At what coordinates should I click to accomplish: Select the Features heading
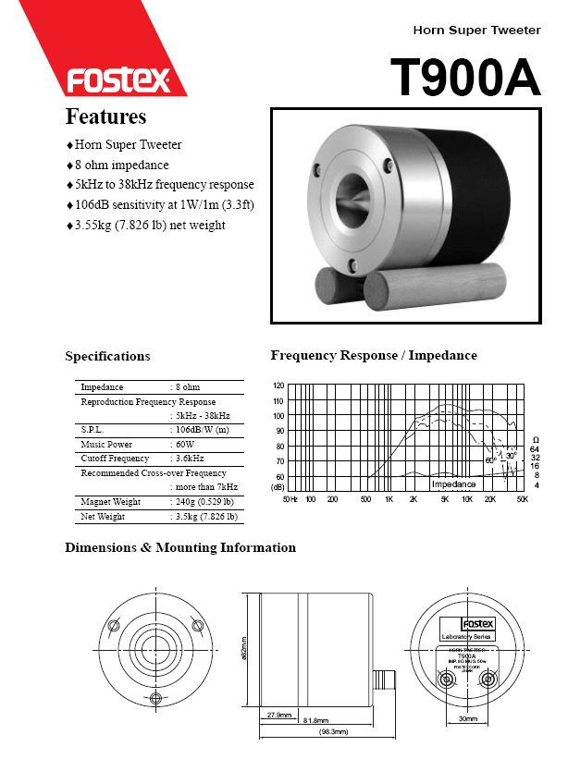[x=105, y=117]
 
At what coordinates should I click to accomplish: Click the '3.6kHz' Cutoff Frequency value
[x=190, y=459]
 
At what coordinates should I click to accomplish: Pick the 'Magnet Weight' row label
[x=110, y=502]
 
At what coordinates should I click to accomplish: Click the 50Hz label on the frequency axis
[x=290, y=499]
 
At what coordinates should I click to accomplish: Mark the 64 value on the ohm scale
[x=535, y=448]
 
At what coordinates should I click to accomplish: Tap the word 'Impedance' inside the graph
[x=453, y=484]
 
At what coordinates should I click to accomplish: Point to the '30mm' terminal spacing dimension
[x=468, y=718]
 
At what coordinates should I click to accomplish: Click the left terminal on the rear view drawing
[x=449, y=680]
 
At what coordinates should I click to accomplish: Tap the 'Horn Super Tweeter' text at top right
[x=476, y=31]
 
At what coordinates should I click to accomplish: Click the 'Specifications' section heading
[x=107, y=356]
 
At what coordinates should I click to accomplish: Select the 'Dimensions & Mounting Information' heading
[x=180, y=547]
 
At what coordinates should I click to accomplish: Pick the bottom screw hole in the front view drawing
[x=155, y=696]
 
